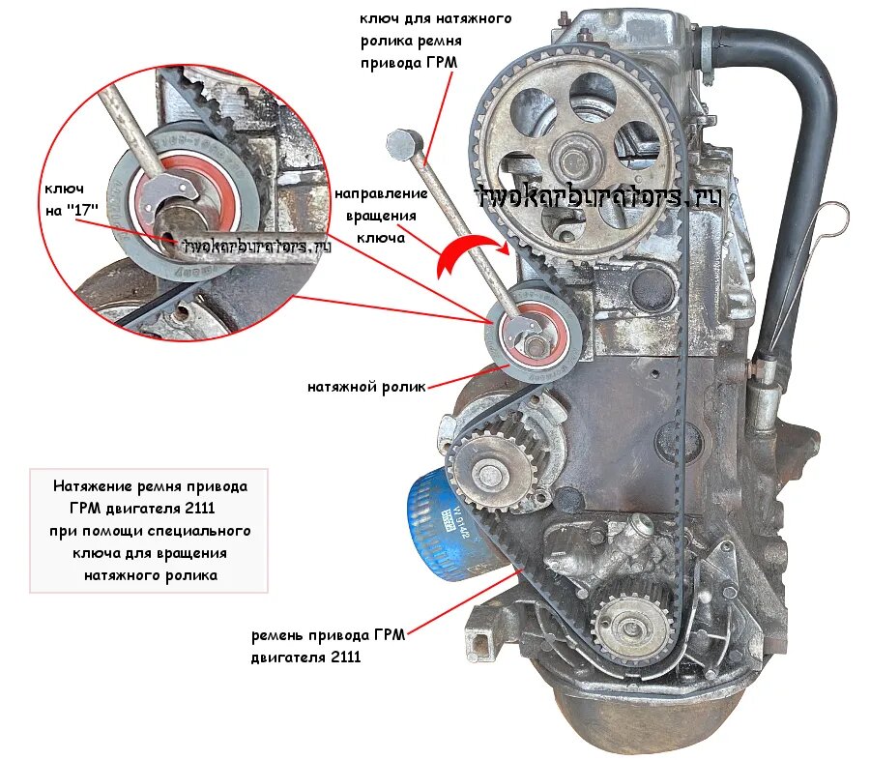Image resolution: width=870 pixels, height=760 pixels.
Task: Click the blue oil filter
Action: pyautogui.click(x=441, y=525)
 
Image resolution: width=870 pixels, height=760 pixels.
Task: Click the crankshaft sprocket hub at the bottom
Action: pyautogui.click(x=630, y=628)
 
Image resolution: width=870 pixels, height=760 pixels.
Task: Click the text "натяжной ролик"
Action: pyautogui.click(x=366, y=387)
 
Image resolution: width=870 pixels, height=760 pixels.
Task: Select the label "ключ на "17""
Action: pyautogui.click(x=71, y=199)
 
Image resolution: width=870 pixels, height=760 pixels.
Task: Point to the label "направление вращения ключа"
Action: pyautogui.click(x=381, y=216)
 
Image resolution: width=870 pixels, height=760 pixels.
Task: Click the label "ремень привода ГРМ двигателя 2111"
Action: pyautogui.click(x=328, y=646)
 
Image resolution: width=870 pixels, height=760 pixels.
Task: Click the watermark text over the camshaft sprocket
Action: pyautogui.click(x=599, y=197)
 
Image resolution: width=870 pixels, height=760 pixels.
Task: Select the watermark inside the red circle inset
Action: pyautogui.click(x=256, y=246)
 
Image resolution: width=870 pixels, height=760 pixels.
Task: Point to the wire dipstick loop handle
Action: pyautogui.click(x=832, y=219)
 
